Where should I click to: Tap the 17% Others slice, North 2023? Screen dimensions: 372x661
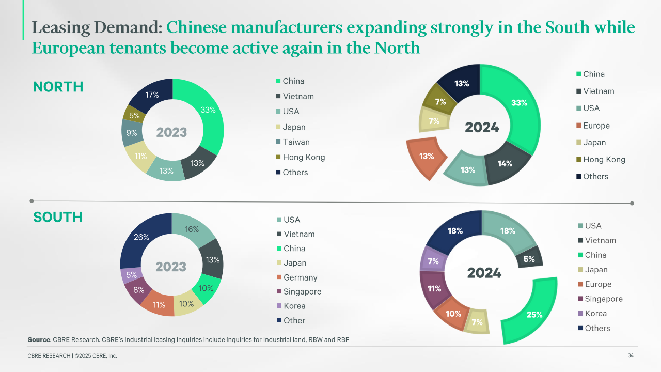[152, 95]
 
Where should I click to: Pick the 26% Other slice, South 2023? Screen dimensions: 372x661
[141, 237]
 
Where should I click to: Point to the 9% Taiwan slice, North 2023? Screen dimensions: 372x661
[131, 133]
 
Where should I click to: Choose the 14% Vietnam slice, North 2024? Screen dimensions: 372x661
[505, 164]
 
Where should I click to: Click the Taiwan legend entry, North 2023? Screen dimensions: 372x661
[296, 142]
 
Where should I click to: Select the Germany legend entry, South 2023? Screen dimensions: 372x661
[300, 277]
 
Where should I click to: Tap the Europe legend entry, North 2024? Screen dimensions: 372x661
[596, 126]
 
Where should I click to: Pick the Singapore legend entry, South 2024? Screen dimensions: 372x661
[603, 299]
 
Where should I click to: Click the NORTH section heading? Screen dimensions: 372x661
[58, 87]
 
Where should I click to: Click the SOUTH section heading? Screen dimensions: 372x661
[58, 217]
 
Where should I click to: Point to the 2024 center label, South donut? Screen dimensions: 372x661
[484, 273]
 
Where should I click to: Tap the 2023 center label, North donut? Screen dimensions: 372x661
[171, 132]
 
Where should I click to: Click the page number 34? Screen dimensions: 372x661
[631, 355]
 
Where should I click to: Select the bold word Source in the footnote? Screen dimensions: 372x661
[39, 339]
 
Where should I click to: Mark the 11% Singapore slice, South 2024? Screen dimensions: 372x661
[434, 288]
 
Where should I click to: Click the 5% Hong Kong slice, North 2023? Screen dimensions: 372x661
[134, 116]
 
